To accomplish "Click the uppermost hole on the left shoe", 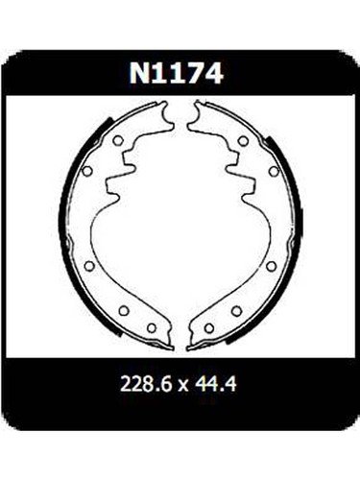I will point(117,140).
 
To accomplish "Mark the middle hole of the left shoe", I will point(90,265).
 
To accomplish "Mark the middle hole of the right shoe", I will point(273,265).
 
